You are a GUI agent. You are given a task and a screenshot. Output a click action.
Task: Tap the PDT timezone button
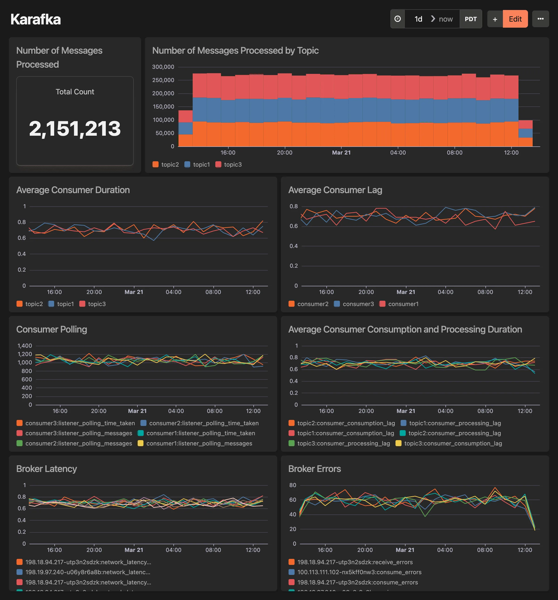[470, 19]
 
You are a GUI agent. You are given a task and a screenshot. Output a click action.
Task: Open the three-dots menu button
[540, 19]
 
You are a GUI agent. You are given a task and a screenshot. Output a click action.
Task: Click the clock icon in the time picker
[397, 19]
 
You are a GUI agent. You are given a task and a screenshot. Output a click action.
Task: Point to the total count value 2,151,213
[75, 129]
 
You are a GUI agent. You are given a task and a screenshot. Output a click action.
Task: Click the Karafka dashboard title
[36, 19]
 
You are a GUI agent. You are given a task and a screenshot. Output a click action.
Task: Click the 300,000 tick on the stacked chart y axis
[163, 67]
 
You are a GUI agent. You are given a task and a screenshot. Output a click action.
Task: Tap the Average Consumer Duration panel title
[73, 190]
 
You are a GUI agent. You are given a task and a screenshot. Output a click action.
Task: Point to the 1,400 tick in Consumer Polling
[25, 346]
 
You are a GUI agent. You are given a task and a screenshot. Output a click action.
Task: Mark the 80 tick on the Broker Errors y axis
[292, 485]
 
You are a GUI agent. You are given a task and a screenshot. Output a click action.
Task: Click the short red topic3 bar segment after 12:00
[525, 124]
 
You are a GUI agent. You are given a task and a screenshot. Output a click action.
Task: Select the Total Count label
[75, 92]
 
